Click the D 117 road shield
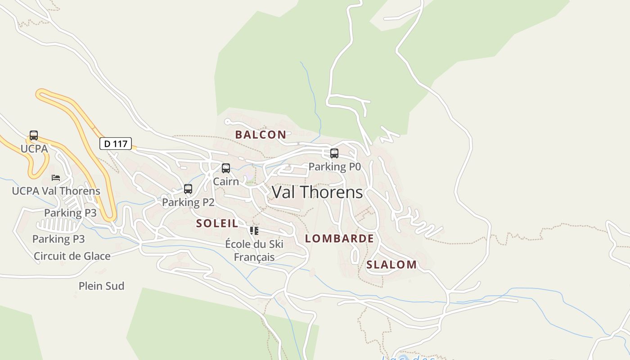tap(116, 144)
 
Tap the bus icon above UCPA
tap(34, 135)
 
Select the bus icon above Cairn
tap(226, 168)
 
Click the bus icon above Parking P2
tap(188, 189)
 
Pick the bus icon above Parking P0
tap(334, 153)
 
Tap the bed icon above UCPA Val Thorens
tap(56, 178)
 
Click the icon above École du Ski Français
tap(254, 231)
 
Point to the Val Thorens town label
tap(317, 192)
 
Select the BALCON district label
tap(261, 135)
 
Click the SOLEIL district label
tap(217, 223)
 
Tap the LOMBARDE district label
tap(339, 238)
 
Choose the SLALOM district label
tap(391, 265)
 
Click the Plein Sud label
tap(101, 286)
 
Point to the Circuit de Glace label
tap(72, 256)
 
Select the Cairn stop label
tap(226, 181)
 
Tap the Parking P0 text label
tap(334, 166)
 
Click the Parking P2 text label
tap(188, 202)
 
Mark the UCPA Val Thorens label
tap(56, 191)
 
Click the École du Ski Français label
tap(254, 251)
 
